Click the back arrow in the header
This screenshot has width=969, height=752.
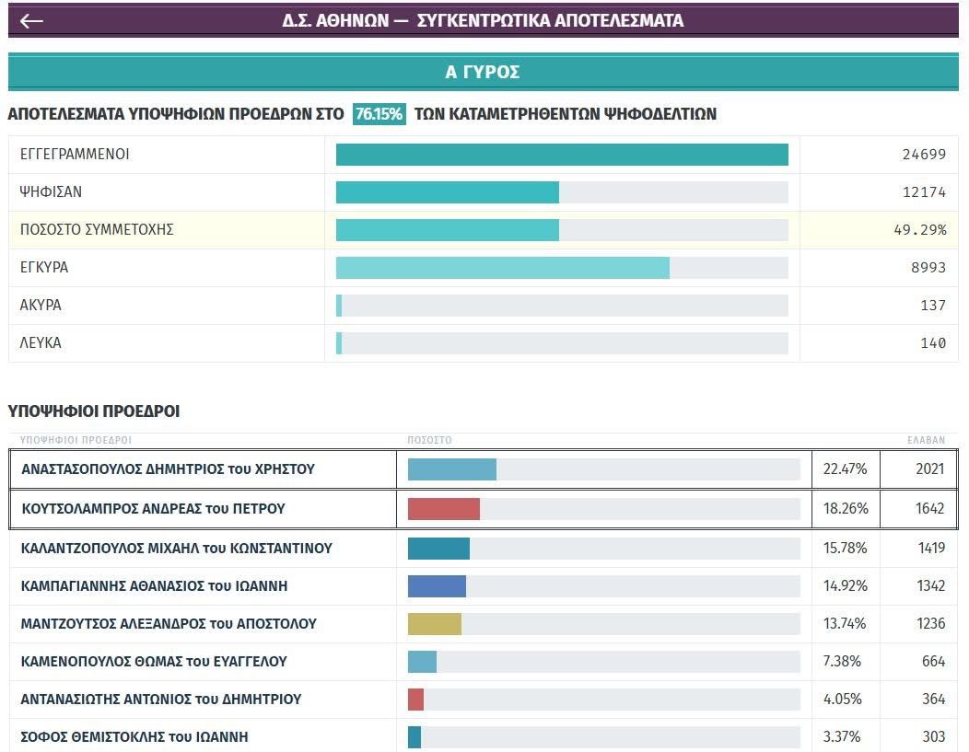click(31, 21)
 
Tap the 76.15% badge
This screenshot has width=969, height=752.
click(379, 114)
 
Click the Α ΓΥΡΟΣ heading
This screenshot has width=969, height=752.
click(483, 72)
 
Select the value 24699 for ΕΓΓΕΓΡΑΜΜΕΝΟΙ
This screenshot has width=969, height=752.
click(924, 155)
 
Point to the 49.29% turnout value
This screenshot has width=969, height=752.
click(919, 230)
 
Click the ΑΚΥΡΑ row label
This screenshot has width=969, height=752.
click(41, 306)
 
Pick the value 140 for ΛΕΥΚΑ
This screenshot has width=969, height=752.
click(933, 343)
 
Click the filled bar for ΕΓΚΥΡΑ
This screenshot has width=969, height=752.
click(502, 268)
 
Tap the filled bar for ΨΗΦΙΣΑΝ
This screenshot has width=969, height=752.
click(447, 192)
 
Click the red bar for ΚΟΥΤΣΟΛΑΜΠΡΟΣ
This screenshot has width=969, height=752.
click(444, 509)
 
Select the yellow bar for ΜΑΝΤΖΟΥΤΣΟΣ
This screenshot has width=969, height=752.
click(435, 624)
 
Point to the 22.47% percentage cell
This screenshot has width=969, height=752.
click(845, 469)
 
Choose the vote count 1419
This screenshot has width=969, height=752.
click(930, 549)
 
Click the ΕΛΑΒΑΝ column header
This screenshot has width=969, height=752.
click(926, 441)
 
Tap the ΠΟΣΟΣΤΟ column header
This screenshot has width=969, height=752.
click(429, 441)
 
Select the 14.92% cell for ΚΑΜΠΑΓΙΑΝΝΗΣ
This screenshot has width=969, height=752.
click(845, 586)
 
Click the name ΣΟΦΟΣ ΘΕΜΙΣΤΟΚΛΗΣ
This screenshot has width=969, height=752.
click(134, 737)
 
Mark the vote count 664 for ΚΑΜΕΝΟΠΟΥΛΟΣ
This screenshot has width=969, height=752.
click(933, 662)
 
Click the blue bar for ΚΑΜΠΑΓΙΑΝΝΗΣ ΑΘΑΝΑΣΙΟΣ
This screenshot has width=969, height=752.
click(437, 586)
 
